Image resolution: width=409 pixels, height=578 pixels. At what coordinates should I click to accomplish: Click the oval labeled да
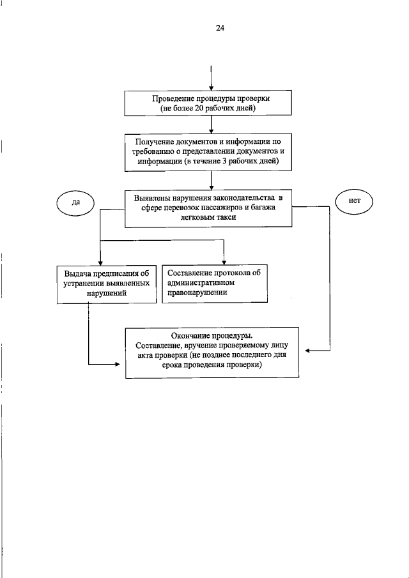pos(75,202)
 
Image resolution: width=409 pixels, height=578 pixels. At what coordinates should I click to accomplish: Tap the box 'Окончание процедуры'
pos(212,352)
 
